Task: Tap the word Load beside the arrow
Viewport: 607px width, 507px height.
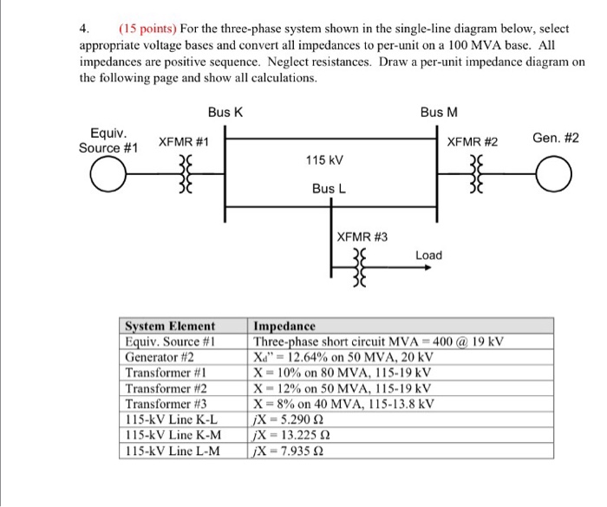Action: [428, 255]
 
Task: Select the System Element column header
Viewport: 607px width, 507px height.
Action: [170, 327]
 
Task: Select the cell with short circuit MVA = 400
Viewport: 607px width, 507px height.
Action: [379, 341]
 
